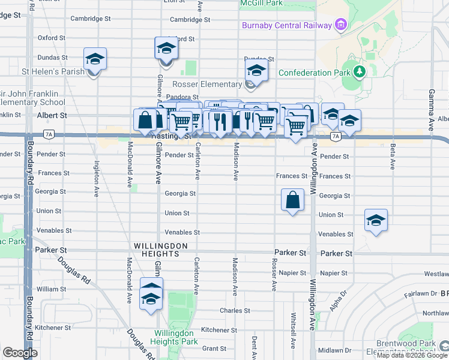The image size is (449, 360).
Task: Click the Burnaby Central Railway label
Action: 286,25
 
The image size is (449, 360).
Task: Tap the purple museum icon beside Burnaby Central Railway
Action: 340,25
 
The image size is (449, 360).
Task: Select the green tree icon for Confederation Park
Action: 360,73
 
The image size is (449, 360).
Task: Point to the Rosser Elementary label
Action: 206,84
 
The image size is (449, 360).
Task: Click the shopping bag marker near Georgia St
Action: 292,200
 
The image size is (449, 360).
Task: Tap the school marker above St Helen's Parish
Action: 95,59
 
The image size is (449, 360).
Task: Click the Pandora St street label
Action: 183,97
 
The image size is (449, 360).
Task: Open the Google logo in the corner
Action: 20,353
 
